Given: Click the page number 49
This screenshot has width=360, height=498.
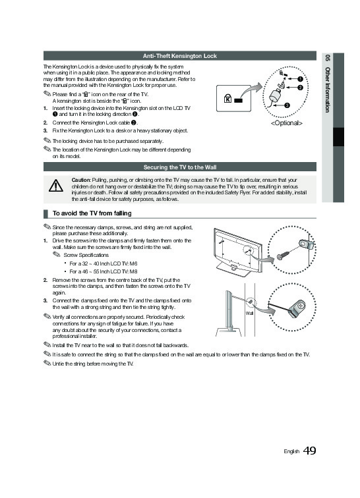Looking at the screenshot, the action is coord(309,451).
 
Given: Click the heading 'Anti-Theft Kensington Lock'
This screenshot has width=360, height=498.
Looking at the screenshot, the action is coord(180,56).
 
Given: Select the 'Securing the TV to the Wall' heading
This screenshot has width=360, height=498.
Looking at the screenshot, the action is coord(180,167).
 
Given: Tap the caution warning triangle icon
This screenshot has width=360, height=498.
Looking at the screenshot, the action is coord(56,186).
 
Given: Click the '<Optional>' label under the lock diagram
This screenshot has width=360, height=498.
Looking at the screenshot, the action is coord(287,123).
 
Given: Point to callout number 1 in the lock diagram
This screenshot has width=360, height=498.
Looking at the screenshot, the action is coord(300,79).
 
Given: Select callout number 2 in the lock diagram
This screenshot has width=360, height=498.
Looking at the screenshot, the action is coord(300,88).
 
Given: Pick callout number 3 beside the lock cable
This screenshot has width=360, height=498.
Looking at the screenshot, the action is coord(287,105).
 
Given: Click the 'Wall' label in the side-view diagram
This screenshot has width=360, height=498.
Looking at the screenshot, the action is coord(249,313).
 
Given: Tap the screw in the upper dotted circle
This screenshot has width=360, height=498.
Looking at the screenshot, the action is coord(282,255).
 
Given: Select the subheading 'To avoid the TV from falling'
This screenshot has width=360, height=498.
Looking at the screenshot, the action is coord(92,213).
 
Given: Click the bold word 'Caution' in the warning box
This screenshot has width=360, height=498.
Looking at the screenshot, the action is coord(81,180).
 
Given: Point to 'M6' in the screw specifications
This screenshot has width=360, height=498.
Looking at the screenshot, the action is coord(134,263).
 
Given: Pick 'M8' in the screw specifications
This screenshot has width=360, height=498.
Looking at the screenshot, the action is coord(134,271).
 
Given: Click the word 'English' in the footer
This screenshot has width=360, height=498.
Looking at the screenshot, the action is coord(291,451).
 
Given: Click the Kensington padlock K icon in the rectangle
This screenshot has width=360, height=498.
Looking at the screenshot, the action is coord(227,98).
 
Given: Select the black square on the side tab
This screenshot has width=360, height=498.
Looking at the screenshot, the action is coord(338,137).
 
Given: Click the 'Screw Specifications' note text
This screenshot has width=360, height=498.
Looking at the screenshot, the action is coord(86,255).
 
